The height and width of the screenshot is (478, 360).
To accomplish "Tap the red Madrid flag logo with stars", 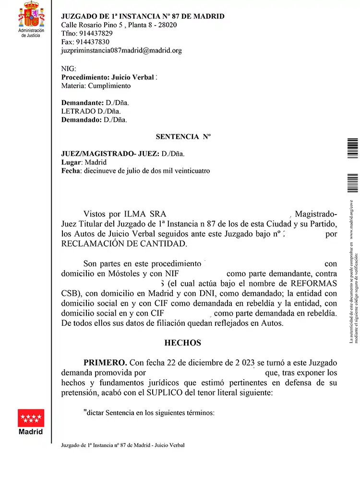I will pos(31,418).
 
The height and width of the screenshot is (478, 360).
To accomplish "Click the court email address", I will pos(121,50).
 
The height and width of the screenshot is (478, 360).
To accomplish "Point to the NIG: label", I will pos(69,69).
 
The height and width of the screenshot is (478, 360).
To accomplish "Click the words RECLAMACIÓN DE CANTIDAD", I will pos(123,244).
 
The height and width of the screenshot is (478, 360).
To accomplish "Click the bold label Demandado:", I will pos(82,119).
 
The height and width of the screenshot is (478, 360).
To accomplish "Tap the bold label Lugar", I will pos(71,162).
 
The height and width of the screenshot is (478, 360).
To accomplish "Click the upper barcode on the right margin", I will pos(352,149).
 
